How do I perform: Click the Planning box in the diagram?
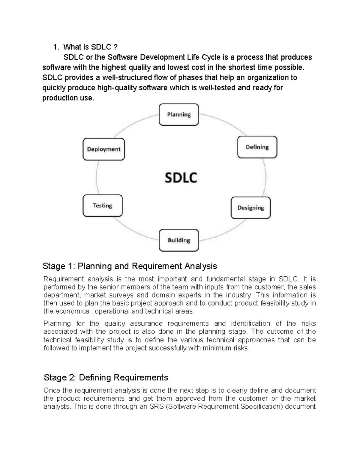pyautogui.click(x=179, y=115)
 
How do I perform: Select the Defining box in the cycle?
pyautogui.click(x=257, y=147)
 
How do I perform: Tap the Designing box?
pyautogui.click(x=250, y=208)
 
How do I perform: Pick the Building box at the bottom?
pyautogui.click(x=179, y=240)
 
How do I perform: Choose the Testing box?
pyautogui.click(x=102, y=206)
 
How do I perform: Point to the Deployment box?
pyautogui.click(x=103, y=149)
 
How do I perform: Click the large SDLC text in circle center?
pyautogui.click(x=181, y=178)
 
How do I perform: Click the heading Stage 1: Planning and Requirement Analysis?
pyautogui.click(x=130, y=266)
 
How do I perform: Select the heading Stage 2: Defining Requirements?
pyautogui.click(x=106, y=377)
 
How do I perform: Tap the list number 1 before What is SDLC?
pyautogui.click(x=55, y=47)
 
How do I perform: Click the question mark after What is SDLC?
pyautogui.click(x=115, y=47)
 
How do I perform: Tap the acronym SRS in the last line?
pyautogui.click(x=156, y=407)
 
